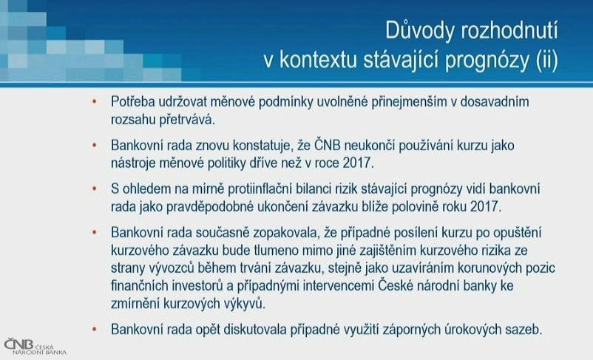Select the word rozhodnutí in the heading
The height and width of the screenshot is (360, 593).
(509, 30)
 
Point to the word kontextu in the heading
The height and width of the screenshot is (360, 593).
(319, 61)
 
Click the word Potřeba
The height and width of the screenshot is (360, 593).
(132, 101)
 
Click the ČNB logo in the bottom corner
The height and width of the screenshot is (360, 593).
(35, 347)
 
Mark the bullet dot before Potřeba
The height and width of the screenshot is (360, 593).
(94, 101)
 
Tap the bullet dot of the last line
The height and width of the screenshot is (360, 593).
(94, 330)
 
